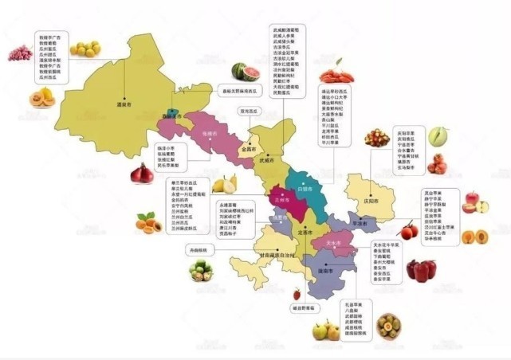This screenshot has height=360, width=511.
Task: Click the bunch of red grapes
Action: point(19,53)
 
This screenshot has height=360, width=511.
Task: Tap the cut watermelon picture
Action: point(246,72)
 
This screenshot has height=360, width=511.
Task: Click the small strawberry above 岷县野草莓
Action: point(297,294)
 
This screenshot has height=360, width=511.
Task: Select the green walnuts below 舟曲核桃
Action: point(200,272)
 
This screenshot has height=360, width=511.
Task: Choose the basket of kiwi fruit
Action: point(390,326)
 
